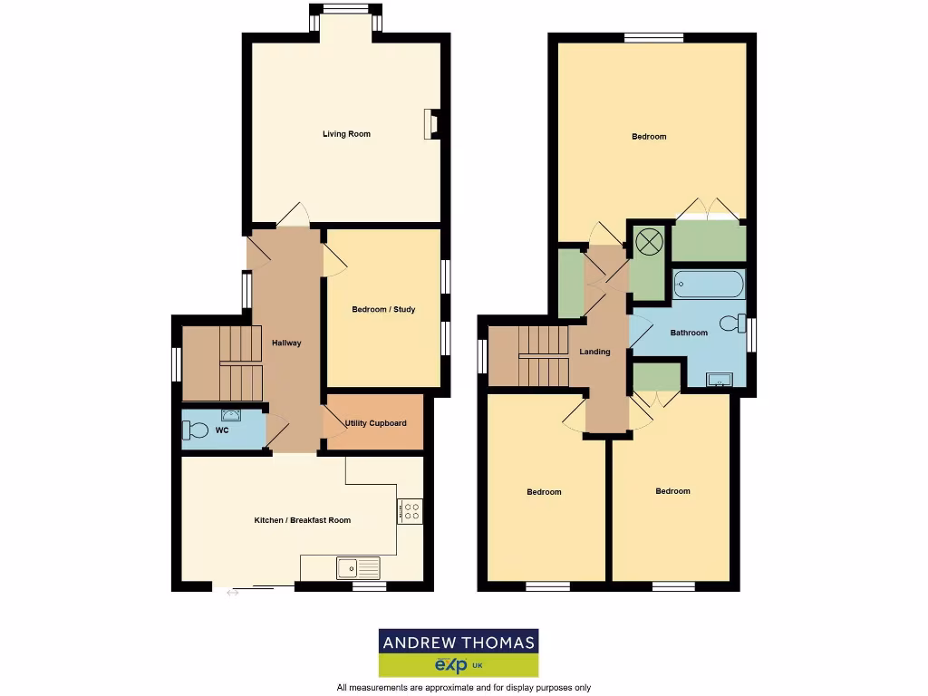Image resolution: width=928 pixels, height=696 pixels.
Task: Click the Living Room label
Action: coord(346,134)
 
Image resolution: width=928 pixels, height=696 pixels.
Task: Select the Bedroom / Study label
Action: coord(383,310)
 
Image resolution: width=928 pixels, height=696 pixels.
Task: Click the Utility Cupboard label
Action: coord(375,423)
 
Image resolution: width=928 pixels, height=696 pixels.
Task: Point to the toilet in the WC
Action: coord(196,431)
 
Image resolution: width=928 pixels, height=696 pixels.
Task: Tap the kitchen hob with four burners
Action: coord(409,512)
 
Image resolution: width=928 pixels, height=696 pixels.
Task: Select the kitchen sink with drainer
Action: coord(358,568)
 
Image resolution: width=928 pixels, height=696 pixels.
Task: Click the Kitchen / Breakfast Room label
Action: coord(302,520)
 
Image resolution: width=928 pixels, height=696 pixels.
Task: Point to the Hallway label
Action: coord(286,343)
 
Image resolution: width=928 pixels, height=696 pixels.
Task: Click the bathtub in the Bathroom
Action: coord(709,285)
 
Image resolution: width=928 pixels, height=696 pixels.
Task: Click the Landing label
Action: coord(595,352)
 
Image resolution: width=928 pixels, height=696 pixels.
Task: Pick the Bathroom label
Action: coord(689,333)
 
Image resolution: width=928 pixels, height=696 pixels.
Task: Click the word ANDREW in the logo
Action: coord(420,643)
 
